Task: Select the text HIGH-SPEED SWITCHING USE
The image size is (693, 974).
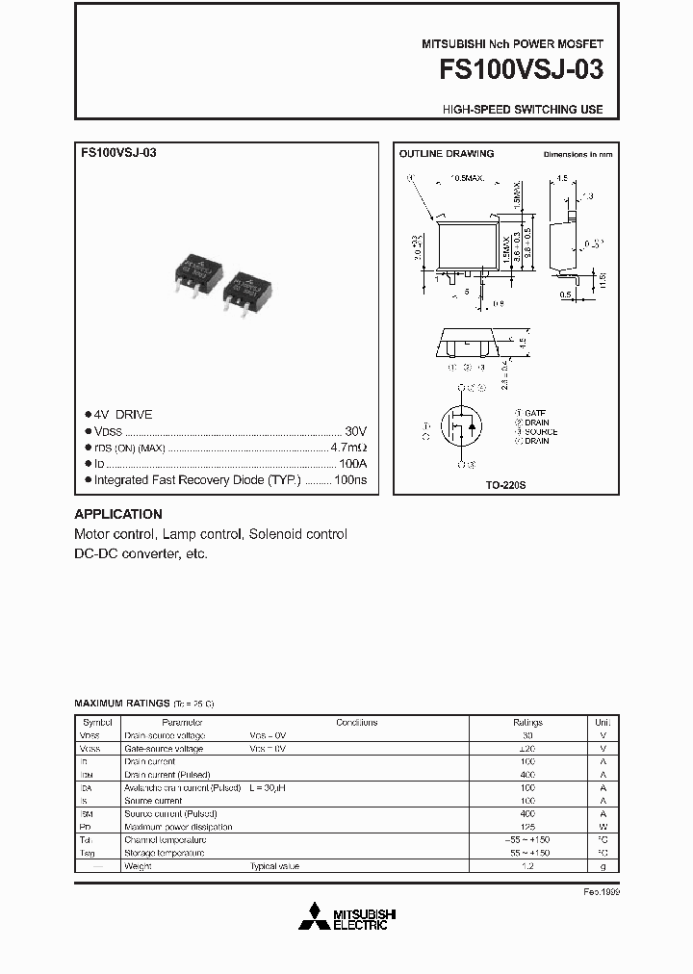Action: (x=523, y=110)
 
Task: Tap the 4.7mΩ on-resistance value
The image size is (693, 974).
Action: (x=349, y=448)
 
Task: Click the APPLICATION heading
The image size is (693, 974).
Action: (x=118, y=514)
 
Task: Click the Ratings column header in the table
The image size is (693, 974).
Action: (x=527, y=722)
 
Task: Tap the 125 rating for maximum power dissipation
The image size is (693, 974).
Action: (x=527, y=827)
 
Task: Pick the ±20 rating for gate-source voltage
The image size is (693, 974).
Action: (x=527, y=748)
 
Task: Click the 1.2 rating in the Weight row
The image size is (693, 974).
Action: (x=527, y=866)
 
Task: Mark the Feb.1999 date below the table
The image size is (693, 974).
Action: (x=602, y=892)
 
